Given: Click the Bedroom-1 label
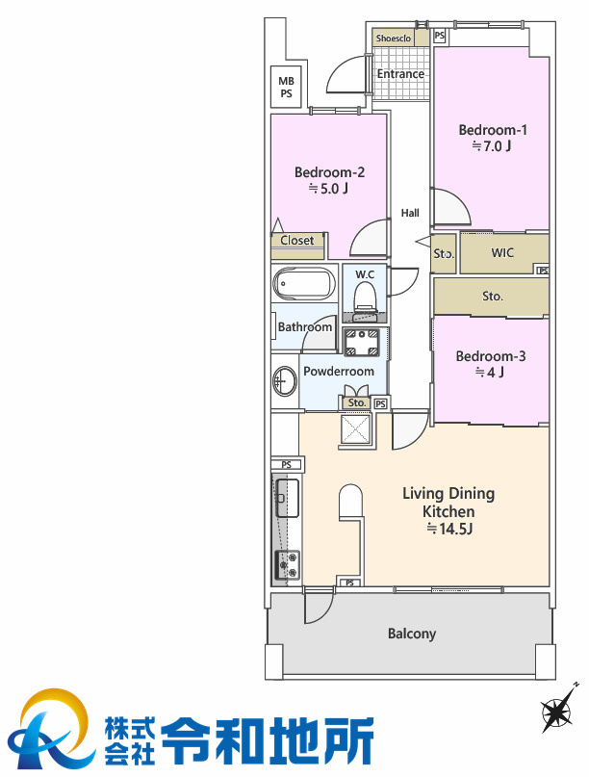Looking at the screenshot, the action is (x=493, y=130).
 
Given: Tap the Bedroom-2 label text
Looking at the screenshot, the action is (x=329, y=172).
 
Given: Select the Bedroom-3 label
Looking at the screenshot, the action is (x=491, y=356).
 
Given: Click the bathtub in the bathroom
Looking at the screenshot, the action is (x=304, y=284).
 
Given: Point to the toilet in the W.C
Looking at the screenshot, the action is (x=365, y=298).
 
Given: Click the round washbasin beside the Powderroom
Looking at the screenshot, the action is (x=283, y=381).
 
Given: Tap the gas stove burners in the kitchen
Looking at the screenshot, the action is (x=288, y=564).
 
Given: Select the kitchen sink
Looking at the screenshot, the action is (x=288, y=498).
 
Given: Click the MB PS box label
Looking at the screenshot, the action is (x=286, y=88).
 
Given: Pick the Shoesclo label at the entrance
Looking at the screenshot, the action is (x=394, y=39).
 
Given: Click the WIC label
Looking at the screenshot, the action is (x=502, y=252).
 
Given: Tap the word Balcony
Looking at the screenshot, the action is (x=412, y=634).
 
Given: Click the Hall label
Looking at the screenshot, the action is (x=410, y=213).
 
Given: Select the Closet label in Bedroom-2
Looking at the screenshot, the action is (x=297, y=241).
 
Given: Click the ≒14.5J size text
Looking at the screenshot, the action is (x=449, y=529).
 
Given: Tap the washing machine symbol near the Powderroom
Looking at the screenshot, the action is (x=362, y=342).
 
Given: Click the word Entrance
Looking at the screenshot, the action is (x=400, y=74).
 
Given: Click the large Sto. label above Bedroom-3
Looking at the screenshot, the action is (x=493, y=297).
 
